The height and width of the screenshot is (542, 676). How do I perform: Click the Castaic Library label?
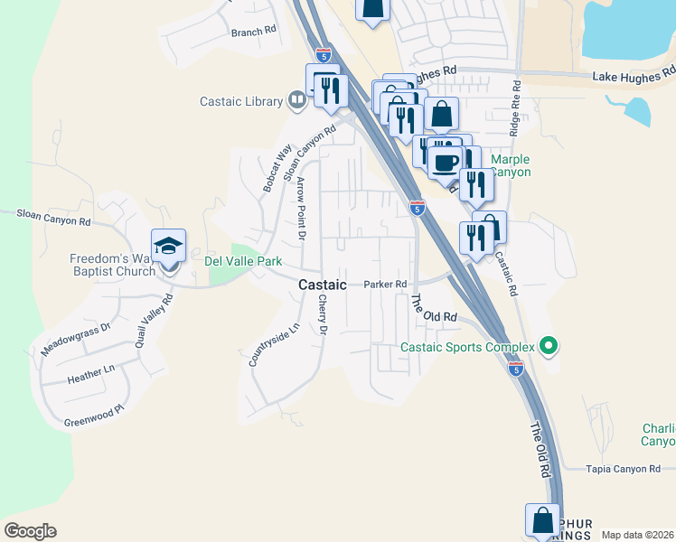tap(240, 102)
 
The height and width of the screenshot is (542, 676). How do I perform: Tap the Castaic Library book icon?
tap(296, 99)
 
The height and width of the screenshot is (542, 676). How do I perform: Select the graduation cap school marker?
tap(168, 247)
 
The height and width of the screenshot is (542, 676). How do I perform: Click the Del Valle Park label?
tap(243, 261)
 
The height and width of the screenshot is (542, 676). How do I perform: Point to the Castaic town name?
tap(322, 285)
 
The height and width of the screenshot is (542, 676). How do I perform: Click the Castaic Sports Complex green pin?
tap(547, 346)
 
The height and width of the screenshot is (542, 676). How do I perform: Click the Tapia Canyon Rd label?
tap(623, 469)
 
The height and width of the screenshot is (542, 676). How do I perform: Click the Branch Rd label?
tap(253, 32)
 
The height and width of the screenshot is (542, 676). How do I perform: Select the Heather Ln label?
tap(90, 372)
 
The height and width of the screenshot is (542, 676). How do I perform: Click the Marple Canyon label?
tap(510, 165)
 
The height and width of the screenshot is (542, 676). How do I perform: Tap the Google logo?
tap(30, 531)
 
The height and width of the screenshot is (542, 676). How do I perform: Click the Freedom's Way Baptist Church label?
tap(113, 266)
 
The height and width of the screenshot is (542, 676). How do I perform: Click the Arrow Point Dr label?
tap(302, 209)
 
